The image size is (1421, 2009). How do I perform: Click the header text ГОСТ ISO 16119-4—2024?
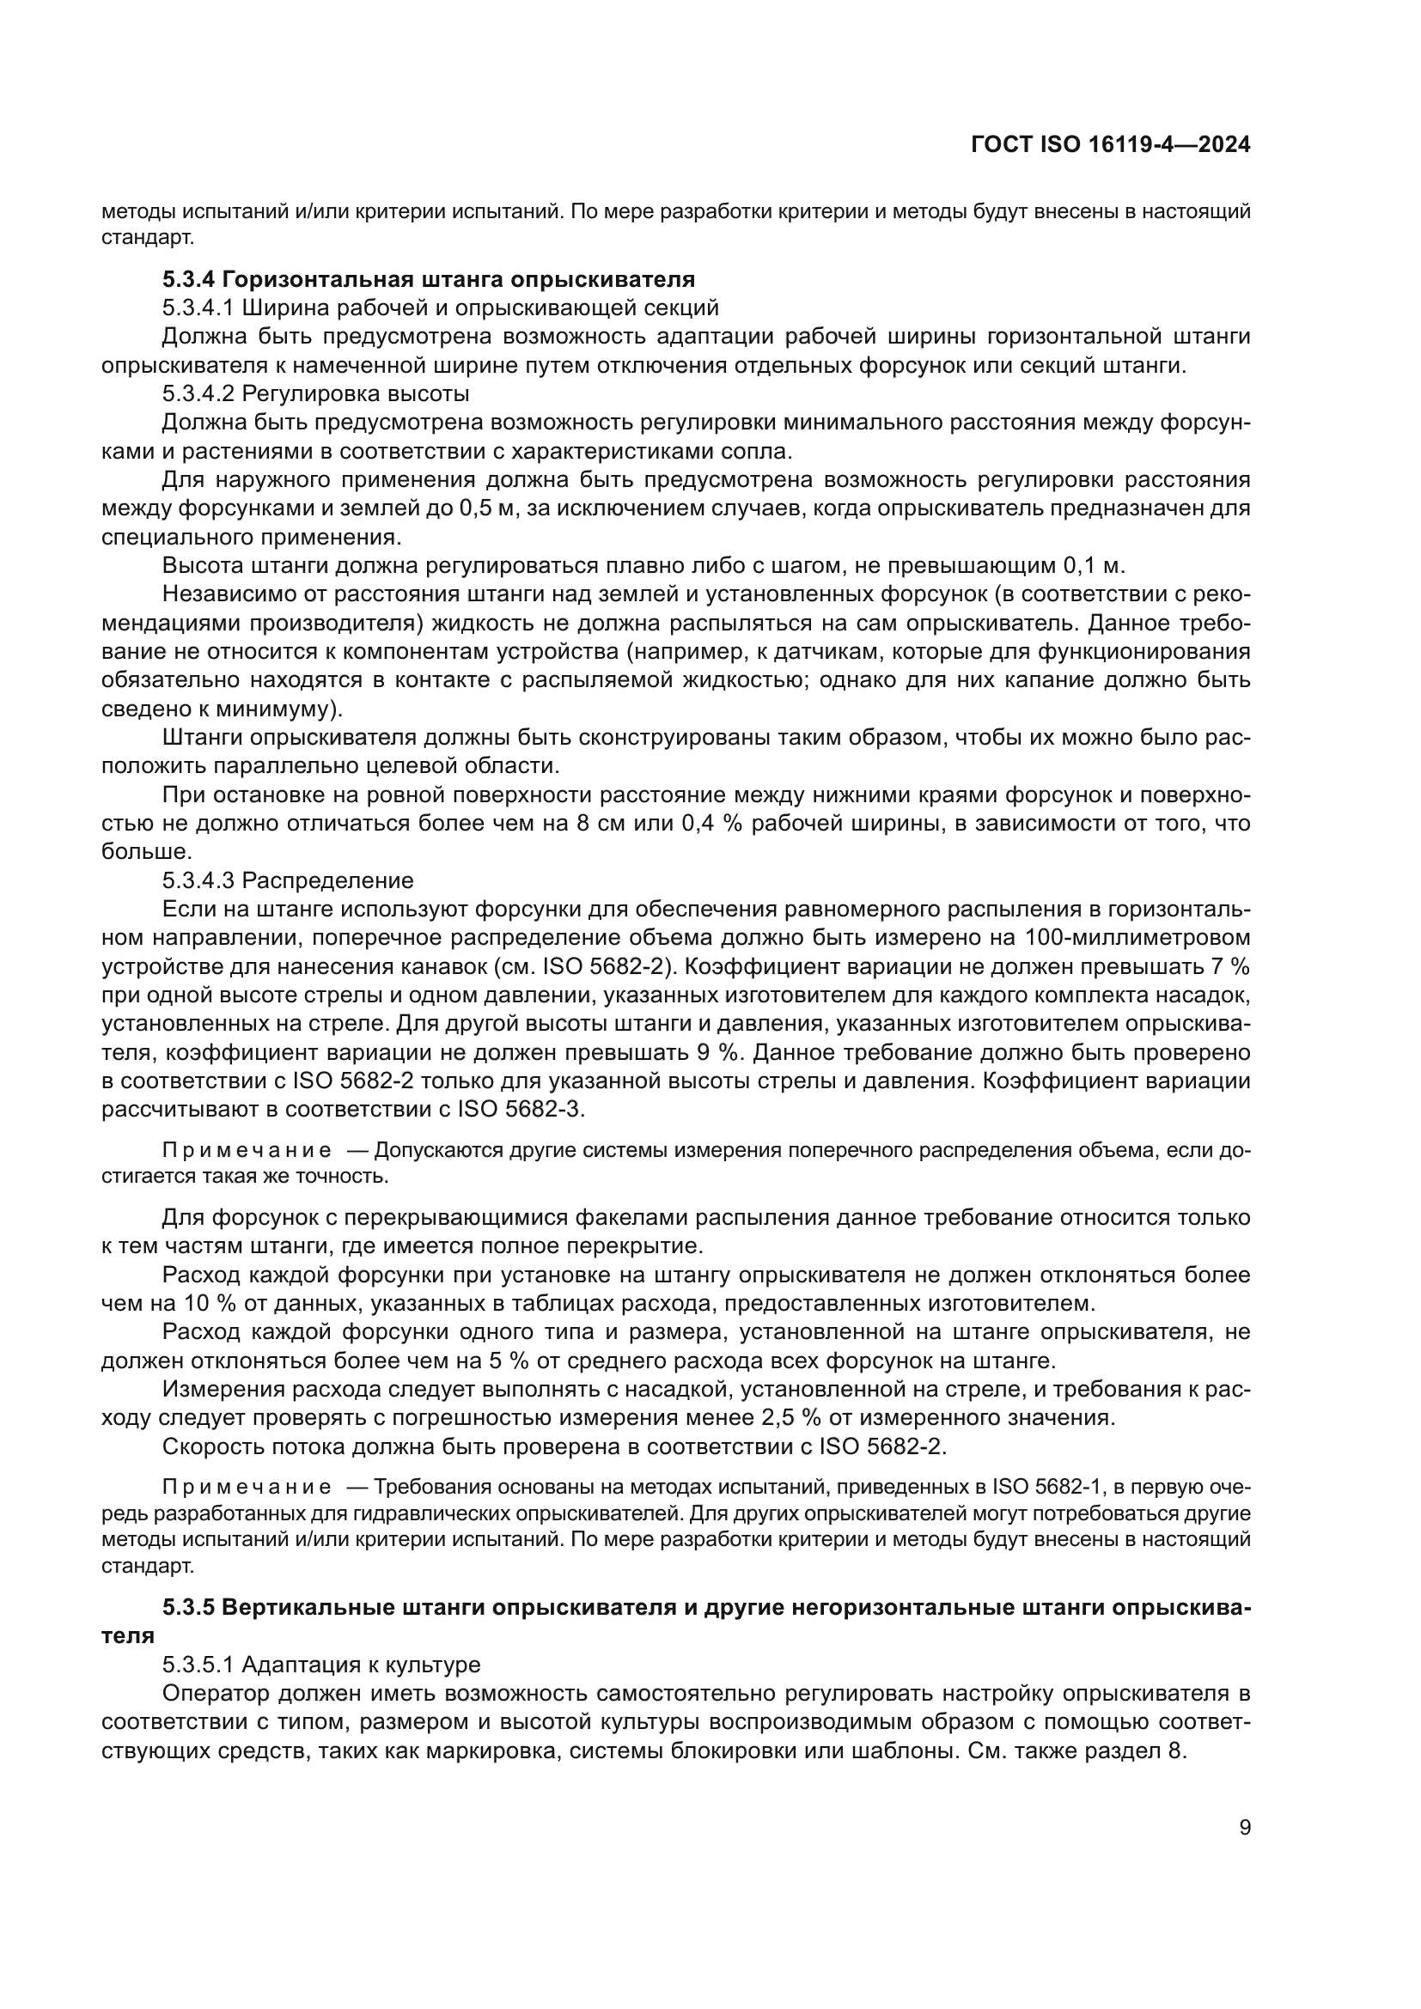pos(1110,145)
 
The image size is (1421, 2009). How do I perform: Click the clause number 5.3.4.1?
pos(198,308)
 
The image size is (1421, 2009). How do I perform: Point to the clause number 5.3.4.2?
pos(198,393)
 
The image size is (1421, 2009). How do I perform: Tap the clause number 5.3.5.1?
pos(198,1663)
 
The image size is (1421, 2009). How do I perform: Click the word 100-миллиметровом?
pos(1134,938)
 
